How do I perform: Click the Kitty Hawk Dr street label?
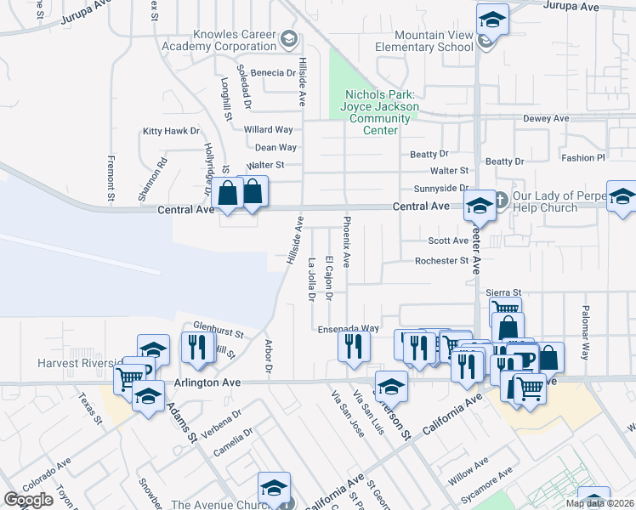[x=171, y=131]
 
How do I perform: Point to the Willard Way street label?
[x=268, y=129]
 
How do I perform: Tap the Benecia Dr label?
[x=272, y=73]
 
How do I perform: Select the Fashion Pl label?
[x=582, y=157]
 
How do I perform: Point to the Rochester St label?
[x=441, y=260]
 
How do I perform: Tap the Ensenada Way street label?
[x=348, y=328]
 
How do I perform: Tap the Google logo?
[x=29, y=500]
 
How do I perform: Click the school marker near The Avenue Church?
[x=274, y=489]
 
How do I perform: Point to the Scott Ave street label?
[x=442, y=241]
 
